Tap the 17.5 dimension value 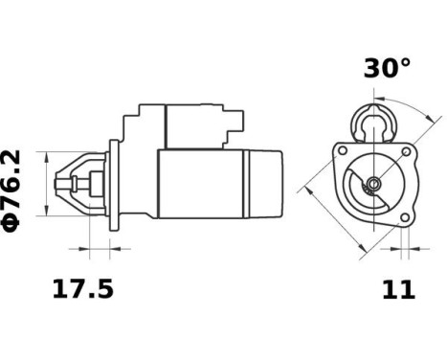click(x=80, y=288)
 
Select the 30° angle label click(x=386, y=69)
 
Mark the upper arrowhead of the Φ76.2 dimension click(x=45, y=154)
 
